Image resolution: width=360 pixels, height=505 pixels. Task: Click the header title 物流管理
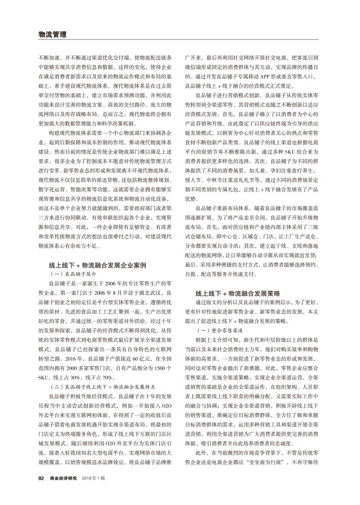[53, 35]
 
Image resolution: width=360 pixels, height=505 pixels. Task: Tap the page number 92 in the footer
[42, 478]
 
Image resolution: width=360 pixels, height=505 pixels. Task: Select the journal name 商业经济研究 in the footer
[65, 478]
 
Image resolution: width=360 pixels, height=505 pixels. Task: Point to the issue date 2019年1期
[94, 478]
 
